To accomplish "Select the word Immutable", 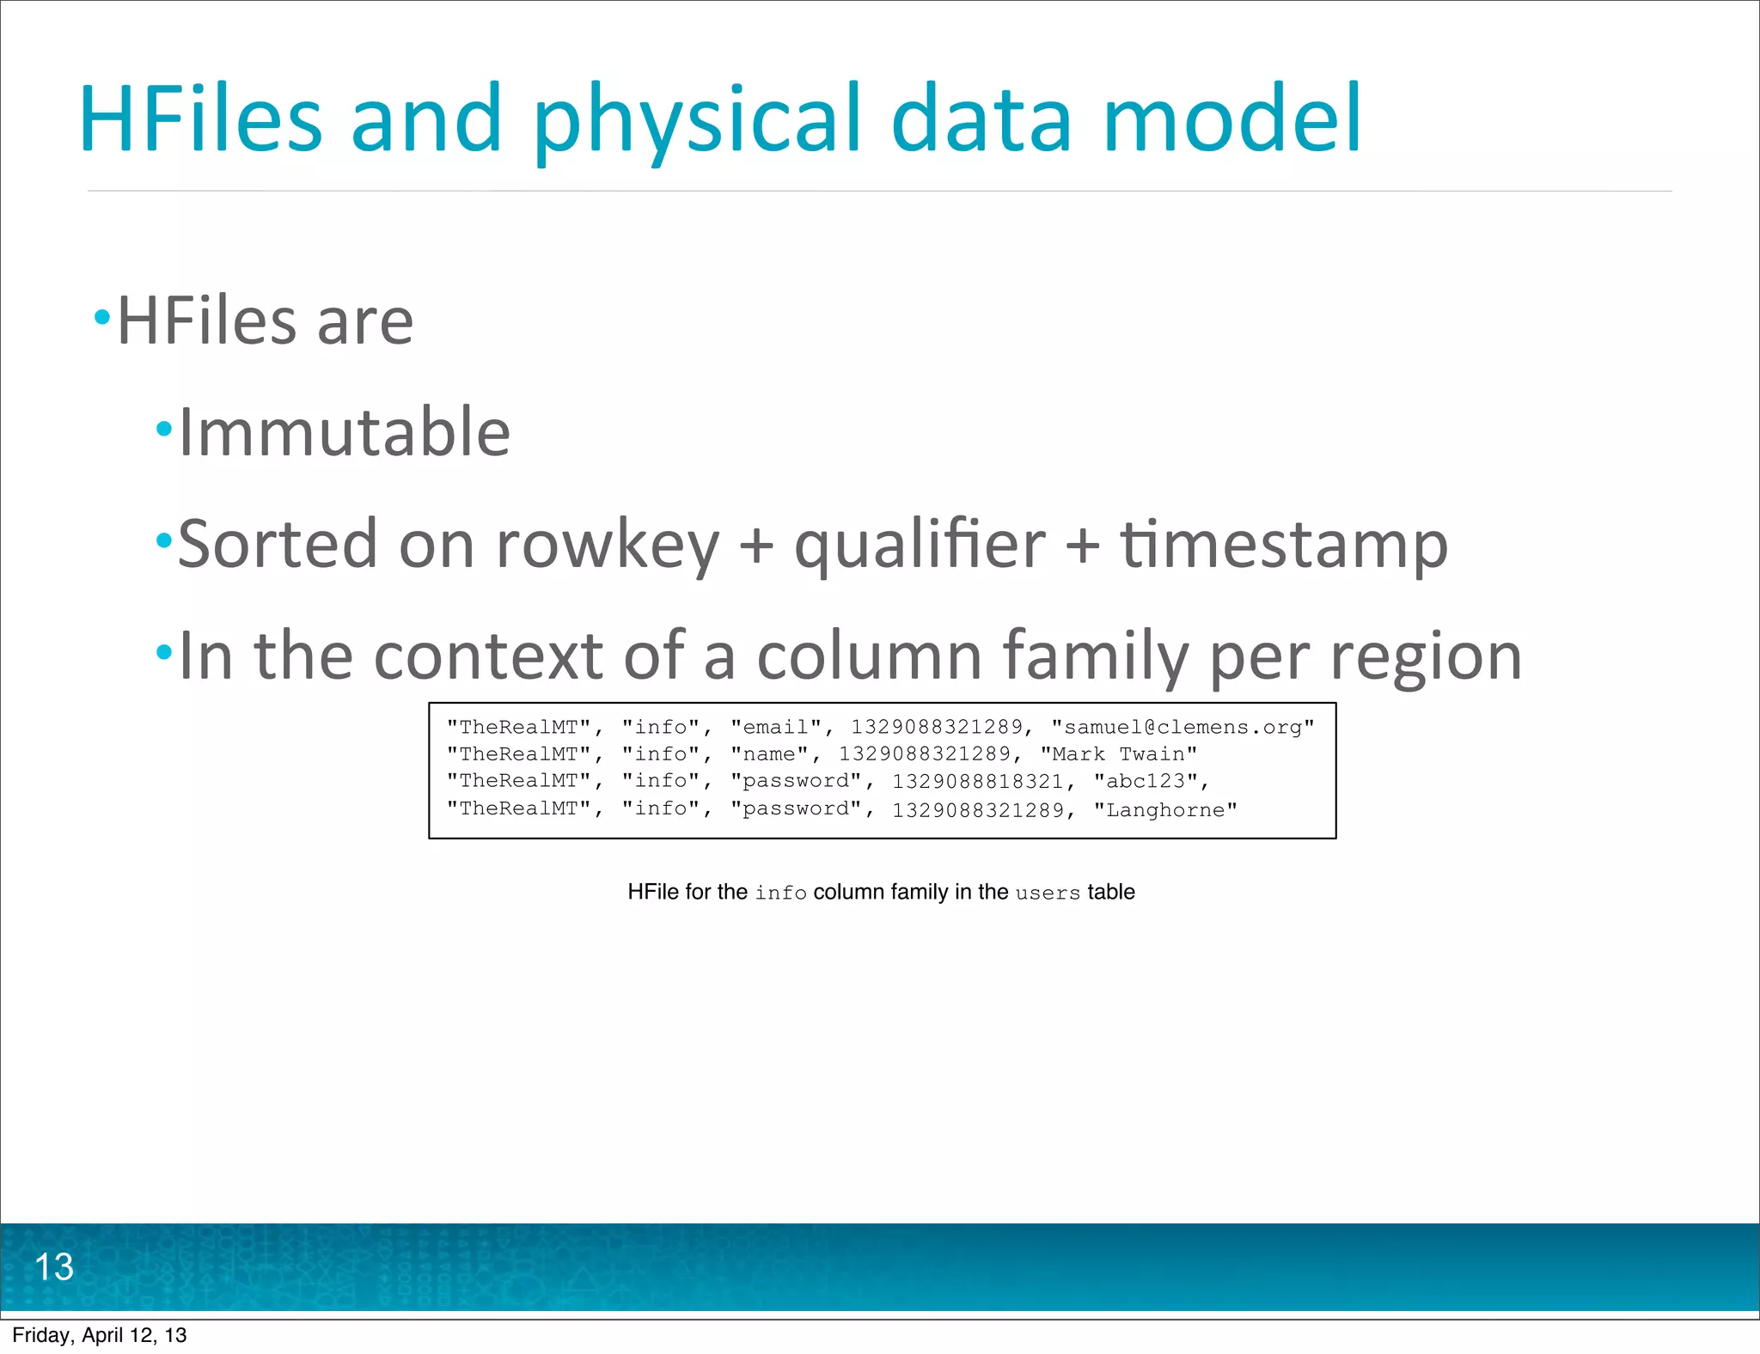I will tap(344, 432).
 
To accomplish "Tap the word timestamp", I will tap(1283, 546).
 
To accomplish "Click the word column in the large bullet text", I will tap(869, 656).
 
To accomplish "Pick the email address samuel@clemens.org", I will tap(1182, 728).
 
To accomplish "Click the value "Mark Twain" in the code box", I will tap(1118, 754).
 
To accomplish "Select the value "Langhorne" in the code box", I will tap(1164, 809).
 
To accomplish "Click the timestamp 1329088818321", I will tap(977, 781).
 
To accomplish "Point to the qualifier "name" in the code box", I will tap(769, 754).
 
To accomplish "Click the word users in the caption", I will tap(1047, 894).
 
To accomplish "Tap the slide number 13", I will tap(53, 1266).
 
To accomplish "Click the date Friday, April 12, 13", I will tap(99, 1335).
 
